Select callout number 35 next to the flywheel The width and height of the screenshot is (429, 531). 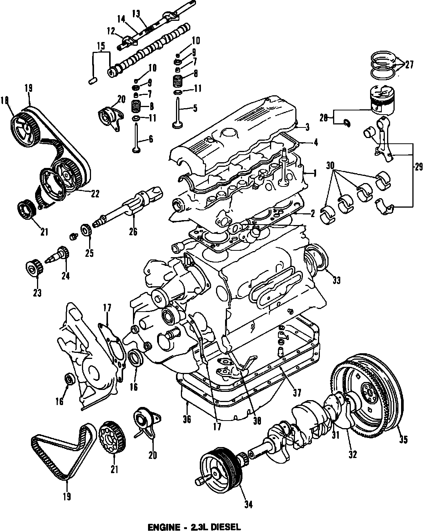[x=403, y=439]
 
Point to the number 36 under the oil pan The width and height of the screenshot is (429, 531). [x=187, y=419]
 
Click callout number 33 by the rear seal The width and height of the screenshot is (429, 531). [x=336, y=280]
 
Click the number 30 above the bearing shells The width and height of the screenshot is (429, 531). [x=330, y=165]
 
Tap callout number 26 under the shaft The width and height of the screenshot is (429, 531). [x=133, y=231]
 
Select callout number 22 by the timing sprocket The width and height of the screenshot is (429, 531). [x=95, y=193]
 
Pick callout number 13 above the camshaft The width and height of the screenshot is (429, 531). [x=136, y=14]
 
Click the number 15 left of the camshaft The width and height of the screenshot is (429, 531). [x=100, y=47]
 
